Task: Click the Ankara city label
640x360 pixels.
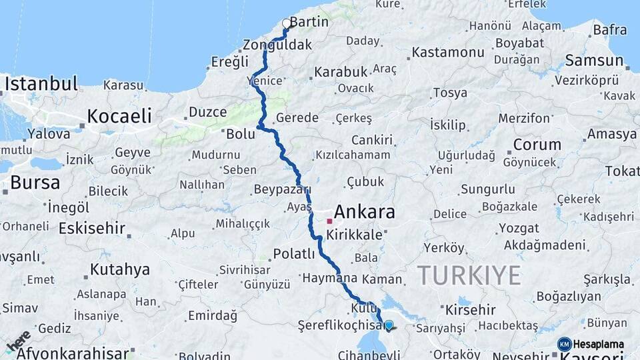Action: [364, 213]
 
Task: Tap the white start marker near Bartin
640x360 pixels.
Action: [287, 24]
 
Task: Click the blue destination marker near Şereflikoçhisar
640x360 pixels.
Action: [389, 325]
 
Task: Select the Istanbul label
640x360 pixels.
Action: [41, 84]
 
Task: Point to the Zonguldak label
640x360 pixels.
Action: [277, 45]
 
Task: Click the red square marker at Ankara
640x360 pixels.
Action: [329, 221]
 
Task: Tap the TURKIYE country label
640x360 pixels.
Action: [469, 274]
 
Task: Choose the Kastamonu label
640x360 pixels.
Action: [447, 52]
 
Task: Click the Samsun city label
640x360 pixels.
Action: [593, 60]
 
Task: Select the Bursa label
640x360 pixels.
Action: [35, 182]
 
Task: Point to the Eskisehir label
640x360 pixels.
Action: [92, 228]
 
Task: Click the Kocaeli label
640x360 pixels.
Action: [120, 115]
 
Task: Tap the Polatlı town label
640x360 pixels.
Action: [294, 253]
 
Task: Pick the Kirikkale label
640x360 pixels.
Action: [353, 235]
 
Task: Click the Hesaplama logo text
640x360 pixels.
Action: [598, 344]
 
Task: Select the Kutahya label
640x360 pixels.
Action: [120, 269]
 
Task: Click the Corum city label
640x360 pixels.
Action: [537, 144]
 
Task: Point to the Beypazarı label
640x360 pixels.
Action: [282, 189]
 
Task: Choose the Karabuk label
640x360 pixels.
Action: [341, 71]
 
